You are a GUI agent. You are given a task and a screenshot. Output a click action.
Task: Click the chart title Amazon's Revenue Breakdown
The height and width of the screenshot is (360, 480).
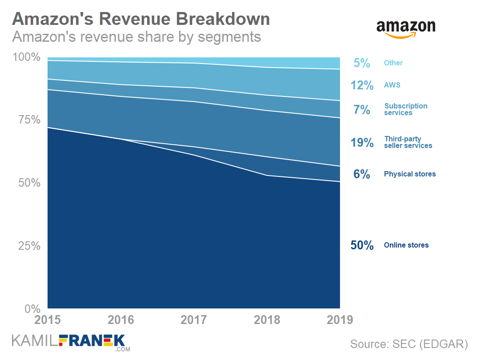click(141, 19)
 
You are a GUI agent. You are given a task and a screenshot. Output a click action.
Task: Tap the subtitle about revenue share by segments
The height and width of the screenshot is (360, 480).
click(136, 36)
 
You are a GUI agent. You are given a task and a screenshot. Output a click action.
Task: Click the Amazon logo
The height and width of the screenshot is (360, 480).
click(406, 28)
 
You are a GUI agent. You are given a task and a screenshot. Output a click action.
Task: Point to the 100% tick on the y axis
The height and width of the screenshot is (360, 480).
click(26, 57)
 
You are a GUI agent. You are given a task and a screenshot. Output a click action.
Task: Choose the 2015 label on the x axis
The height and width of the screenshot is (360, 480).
click(48, 320)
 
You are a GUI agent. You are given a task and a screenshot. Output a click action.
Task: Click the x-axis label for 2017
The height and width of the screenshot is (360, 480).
click(194, 320)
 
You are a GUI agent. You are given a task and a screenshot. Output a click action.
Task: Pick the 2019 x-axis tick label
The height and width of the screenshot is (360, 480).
click(340, 320)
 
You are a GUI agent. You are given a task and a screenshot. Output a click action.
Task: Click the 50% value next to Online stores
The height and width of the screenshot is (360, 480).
click(362, 245)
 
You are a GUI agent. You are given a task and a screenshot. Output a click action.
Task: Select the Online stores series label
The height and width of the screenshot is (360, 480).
click(406, 245)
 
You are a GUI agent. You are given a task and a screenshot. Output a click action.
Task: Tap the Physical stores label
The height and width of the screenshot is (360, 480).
click(410, 174)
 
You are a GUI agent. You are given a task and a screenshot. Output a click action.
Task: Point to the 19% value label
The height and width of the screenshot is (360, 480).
click(362, 142)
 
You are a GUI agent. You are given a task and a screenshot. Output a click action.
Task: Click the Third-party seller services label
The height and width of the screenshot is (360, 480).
click(408, 142)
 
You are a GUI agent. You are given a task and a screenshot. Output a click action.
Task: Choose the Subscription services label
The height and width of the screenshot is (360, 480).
click(406, 109)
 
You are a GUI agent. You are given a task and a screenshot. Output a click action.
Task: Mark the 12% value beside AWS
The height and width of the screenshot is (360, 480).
click(362, 85)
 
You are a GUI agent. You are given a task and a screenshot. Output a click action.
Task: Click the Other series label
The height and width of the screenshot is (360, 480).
click(393, 63)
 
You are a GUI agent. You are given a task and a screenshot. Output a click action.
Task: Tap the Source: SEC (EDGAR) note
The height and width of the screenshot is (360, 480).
click(409, 344)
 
